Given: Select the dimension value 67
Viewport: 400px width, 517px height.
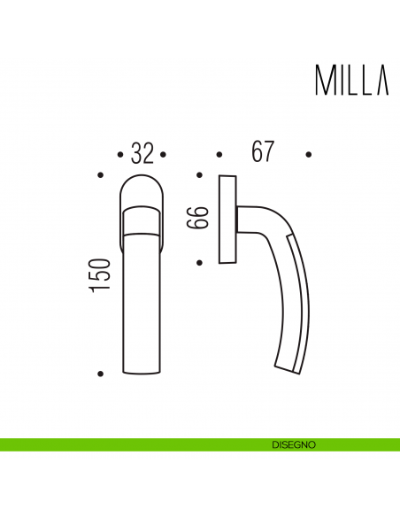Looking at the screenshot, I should tap(261, 153).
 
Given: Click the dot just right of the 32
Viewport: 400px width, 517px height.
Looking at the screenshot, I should tap(165, 154).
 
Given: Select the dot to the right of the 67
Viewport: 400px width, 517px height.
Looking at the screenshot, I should tap(309, 154).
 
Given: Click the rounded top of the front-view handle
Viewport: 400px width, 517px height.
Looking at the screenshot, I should tap(142, 188).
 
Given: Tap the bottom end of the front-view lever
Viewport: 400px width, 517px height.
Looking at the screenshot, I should tap(142, 370).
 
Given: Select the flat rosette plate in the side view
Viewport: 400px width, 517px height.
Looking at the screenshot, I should tap(227, 219).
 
